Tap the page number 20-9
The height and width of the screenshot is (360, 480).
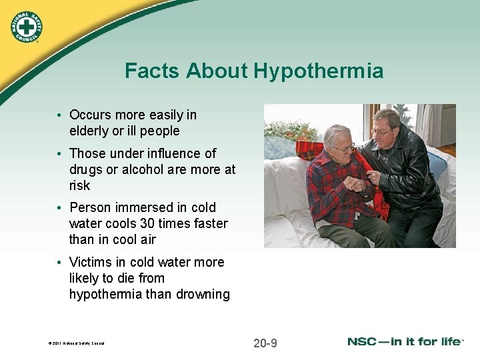point(265,343)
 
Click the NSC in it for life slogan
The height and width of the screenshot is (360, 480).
point(405,342)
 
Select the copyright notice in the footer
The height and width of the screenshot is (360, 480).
point(76,344)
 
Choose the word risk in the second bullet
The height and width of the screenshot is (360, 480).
point(79,185)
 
